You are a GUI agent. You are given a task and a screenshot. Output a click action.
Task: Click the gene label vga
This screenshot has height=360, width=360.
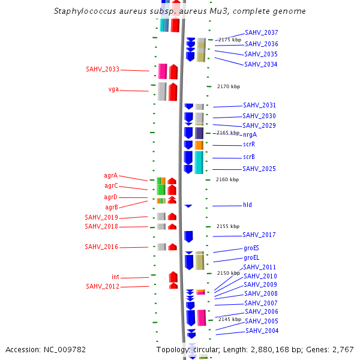[113, 89]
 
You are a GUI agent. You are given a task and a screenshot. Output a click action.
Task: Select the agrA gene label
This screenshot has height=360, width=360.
[110, 176]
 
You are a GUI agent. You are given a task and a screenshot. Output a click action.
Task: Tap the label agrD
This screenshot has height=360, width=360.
[110, 197]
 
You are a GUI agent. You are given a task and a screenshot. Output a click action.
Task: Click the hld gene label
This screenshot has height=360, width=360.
[247, 205]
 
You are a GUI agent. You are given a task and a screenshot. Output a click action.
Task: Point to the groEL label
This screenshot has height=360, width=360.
[251, 257]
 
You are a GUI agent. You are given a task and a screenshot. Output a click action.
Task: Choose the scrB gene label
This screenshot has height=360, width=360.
[249, 157]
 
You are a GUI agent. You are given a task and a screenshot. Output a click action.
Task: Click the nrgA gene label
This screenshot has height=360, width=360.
[250, 134]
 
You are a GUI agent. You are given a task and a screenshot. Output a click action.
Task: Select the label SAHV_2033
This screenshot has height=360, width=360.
[103, 69]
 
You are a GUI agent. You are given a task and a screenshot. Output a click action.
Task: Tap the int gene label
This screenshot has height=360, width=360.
[115, 277]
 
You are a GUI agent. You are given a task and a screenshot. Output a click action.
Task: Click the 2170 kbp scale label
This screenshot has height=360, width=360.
[228, 86]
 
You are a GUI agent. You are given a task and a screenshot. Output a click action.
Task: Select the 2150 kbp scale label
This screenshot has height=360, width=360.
[228, 273]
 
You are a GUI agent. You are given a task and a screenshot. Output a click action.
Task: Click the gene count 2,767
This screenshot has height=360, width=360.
[342, 349]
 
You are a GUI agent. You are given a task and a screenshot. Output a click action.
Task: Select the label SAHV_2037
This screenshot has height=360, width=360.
[261, 32]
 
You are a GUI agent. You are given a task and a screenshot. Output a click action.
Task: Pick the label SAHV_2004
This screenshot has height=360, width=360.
[262, 331]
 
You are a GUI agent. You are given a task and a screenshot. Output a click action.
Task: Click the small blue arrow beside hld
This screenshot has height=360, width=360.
[188, 206]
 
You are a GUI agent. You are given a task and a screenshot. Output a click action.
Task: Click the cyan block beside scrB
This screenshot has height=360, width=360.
[199, 162]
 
